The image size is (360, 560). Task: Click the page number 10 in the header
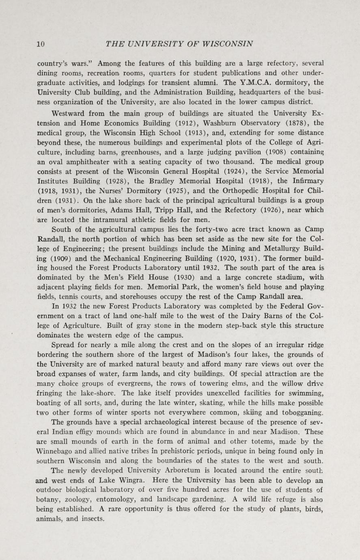coord(40,44)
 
